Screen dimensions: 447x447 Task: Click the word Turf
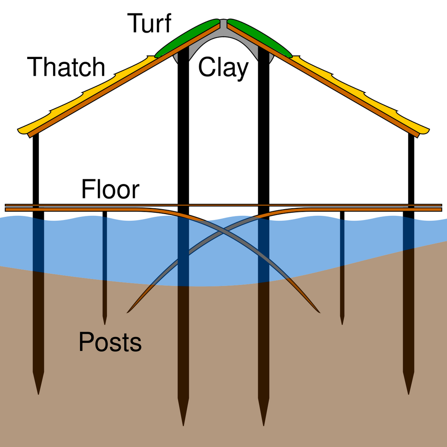[x=149, y=23]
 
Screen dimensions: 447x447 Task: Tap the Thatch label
[x=66, y=67]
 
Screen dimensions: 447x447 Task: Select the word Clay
[x=223, y=68]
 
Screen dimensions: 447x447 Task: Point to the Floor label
[x=110, y=190]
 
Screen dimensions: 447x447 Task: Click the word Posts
[x=110, y=342]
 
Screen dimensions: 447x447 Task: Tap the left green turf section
[x=188, y=38]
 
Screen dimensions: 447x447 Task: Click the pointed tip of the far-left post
[x=38, y=393]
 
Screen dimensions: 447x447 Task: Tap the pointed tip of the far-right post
[x=409, y=393]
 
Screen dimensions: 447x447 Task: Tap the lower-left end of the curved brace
[x=128, y=312]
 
